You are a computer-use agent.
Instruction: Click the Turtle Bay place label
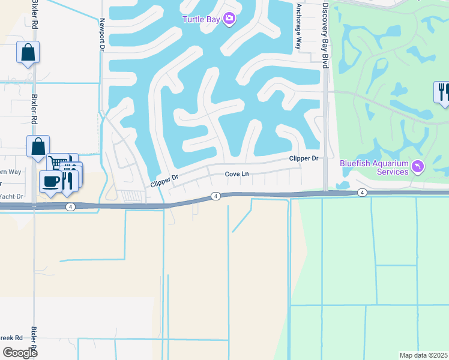point(201,19)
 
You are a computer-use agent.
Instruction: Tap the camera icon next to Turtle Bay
point(229,19)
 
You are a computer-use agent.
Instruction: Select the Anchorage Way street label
point(298,26)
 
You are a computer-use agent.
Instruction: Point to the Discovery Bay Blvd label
point(325,34)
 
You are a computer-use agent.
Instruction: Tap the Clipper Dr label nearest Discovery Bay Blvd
point(303,158)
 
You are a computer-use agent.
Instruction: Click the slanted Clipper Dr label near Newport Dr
point(164,179)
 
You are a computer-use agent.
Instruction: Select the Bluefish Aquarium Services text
point(374,167)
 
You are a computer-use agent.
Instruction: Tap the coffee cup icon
point(50,181)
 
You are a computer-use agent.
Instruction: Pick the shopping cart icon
point(58,163)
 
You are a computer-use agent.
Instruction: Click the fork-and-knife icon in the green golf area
point(442,91)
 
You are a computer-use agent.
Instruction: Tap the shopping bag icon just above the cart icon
point(37,146)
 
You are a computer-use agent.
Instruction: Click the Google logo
point(19,352)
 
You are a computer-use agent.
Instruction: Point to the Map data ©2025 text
point(423,355)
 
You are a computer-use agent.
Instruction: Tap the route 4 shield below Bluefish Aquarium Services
point(361,192)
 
